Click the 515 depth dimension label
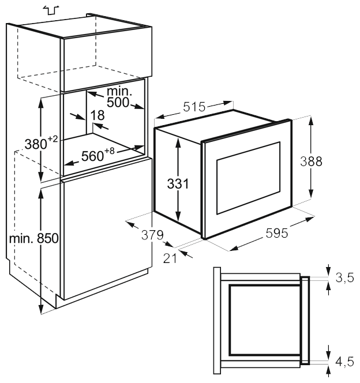pos(194,107)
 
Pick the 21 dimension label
pos(169,257)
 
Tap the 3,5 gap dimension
pos(344,279)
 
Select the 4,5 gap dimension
pos(344,362)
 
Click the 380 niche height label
pos(35,143)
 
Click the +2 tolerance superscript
pos(52,139)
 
